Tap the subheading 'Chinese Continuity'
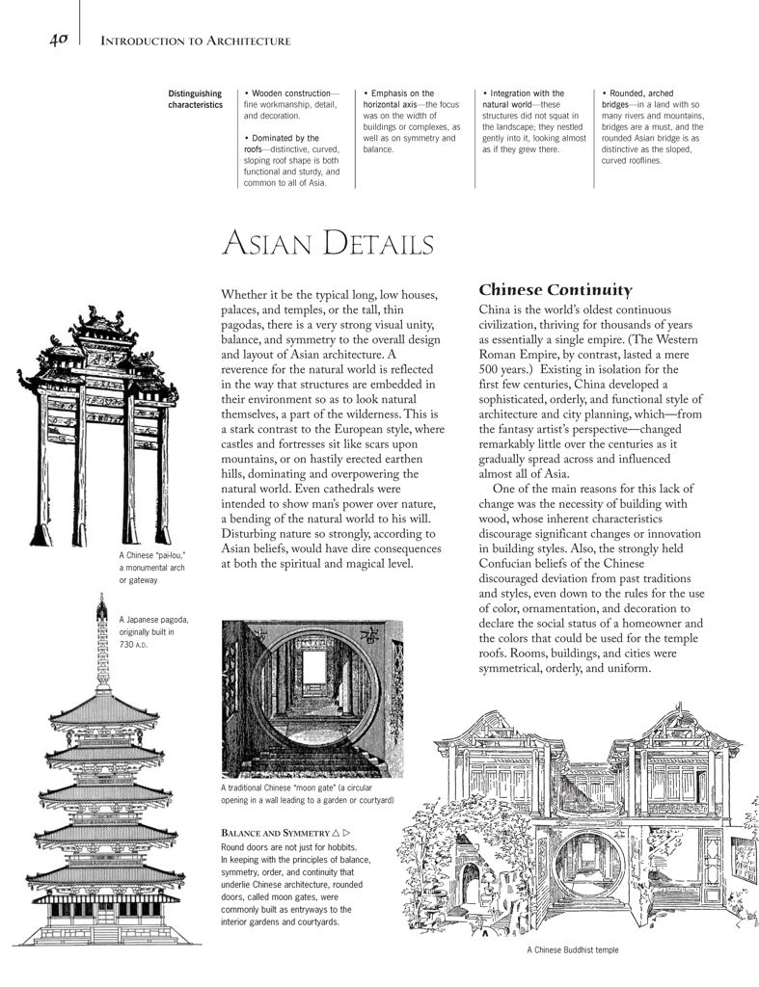[555, 290]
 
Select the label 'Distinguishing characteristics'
[195, 98]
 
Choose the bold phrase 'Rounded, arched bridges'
[646, 98]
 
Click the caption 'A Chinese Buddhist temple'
[573, 949]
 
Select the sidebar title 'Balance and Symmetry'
[276, 831]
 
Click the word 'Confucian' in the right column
[513, 563]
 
